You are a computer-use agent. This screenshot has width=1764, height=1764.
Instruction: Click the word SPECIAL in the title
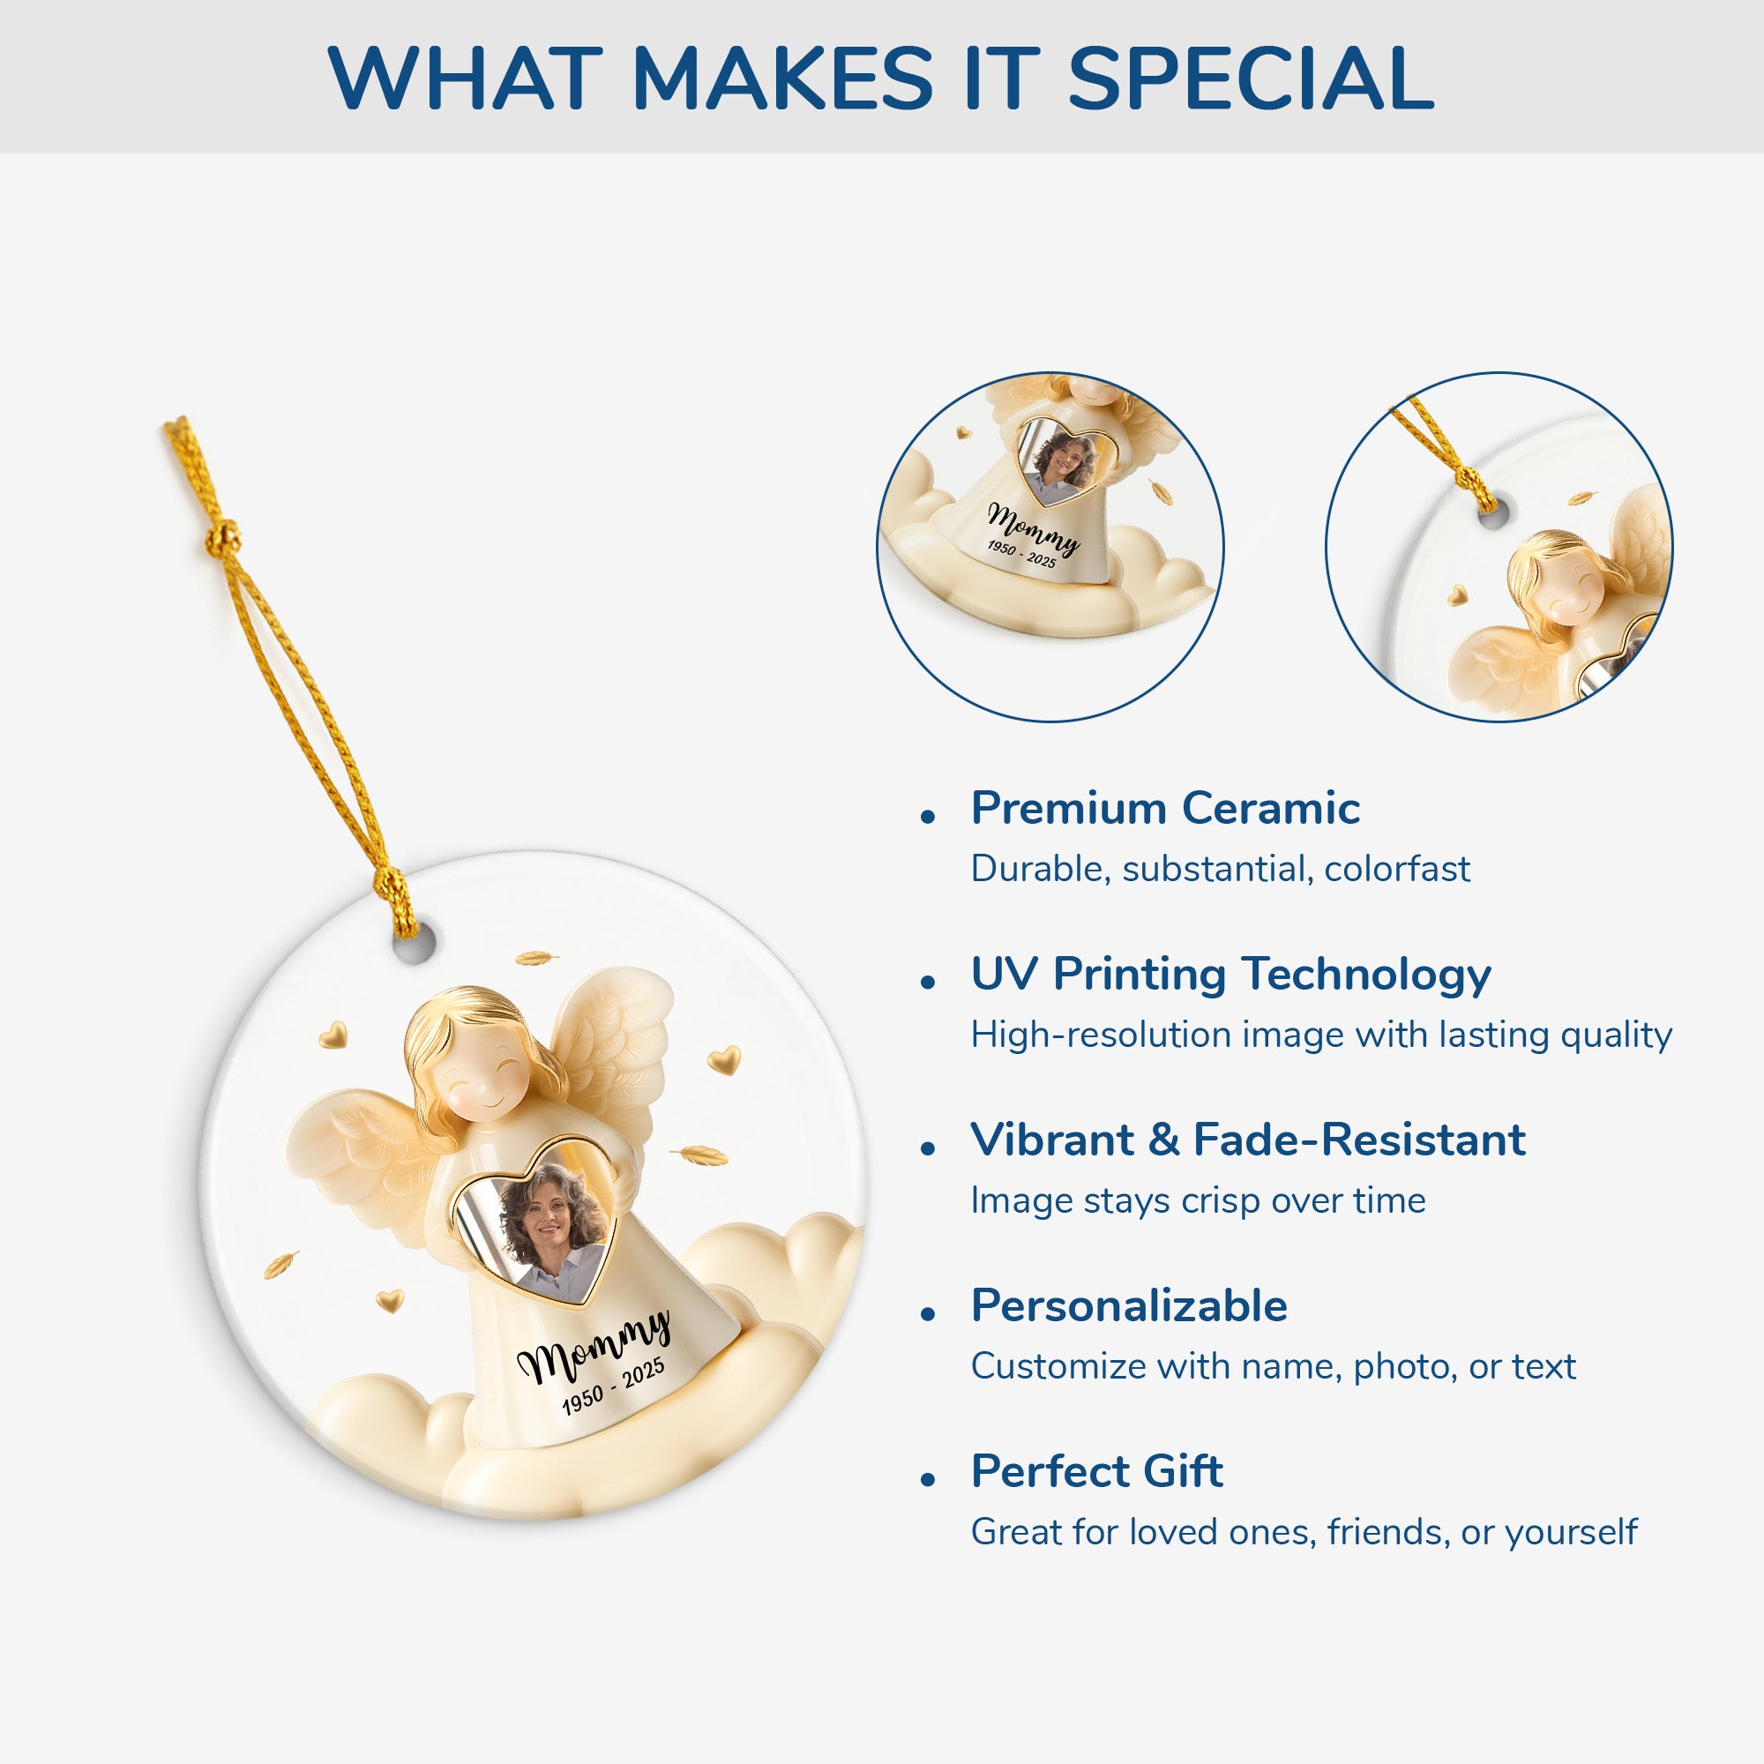click(x=1251, y=78)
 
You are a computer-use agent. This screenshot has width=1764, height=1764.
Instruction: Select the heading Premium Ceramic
click(x=1165, y=808)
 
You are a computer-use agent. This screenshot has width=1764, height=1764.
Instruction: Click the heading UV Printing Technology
click(x=1230, y=975)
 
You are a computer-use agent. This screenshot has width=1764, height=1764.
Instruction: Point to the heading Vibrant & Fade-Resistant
click(x=1248, y=1140)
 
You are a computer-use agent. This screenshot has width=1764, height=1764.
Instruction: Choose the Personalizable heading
click(x=1130, y=1305)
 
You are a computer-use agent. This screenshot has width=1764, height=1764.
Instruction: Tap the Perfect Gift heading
click(x=1096, y=1471)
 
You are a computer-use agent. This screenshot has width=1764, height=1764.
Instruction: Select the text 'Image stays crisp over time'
click(x=1198, y=1200)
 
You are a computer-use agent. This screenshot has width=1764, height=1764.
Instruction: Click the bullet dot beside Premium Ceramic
click(x=929, y=816)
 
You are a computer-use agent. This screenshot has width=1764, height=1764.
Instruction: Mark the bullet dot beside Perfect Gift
click(x=929, y=1479)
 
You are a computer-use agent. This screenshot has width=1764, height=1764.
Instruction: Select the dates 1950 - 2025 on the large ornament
click(x=613, y=1387)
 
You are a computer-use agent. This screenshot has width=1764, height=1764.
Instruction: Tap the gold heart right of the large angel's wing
click(x=724, y=1060)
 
